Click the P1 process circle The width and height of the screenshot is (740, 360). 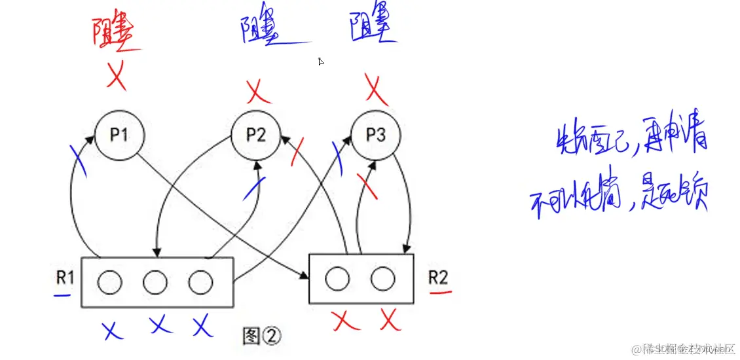pos(119,135)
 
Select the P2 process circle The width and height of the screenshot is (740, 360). pos(256,135)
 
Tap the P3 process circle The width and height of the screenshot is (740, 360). pos(375,135)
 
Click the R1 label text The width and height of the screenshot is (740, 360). pos(65,278)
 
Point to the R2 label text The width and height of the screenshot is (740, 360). pos(438,277)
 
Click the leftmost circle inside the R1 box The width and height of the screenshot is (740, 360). pos(109,282)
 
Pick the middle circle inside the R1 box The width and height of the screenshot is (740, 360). pos(155,282)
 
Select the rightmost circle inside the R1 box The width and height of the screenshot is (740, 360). pos(200,282)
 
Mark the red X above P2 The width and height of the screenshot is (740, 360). pos(259,92)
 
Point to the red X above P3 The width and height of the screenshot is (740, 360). pos(375,90)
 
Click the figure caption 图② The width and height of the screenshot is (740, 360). pos(261,336)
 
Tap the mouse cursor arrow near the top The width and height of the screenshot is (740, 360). pos(321,62)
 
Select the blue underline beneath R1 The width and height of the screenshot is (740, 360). pos(63,295)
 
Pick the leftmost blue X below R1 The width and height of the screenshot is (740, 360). pos(113,329)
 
